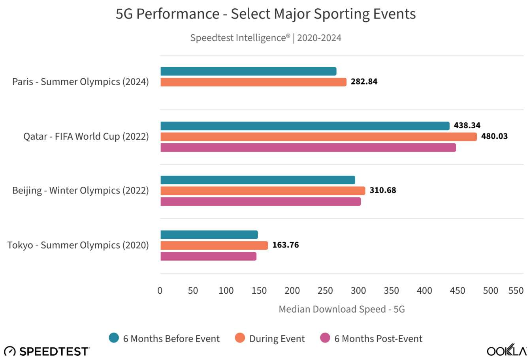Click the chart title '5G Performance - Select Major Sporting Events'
[x=265, y=14]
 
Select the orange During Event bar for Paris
[x=253, y=82]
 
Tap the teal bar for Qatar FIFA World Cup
[x=305, y=126]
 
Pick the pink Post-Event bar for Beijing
[x=260, y=202]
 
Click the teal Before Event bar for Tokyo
[x=209, y=235]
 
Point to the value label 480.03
[x=494, y=137]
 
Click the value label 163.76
[x=285, y=245]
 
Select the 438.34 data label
[x=467, y=126]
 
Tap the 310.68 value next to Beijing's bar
[x=382, y=191]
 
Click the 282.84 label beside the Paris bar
[x=364, y=82]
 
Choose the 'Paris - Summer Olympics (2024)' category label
[x=80, y=82]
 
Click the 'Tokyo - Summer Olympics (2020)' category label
[x=78, y=245]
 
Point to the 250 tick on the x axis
[x=325, y=291]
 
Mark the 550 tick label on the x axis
[x=516, y=291]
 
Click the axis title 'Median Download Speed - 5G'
[x=342, y=309]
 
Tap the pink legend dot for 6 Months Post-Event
[x=325, y=338]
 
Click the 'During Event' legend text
[x=277, y=339]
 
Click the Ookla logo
[x=507, y=351]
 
